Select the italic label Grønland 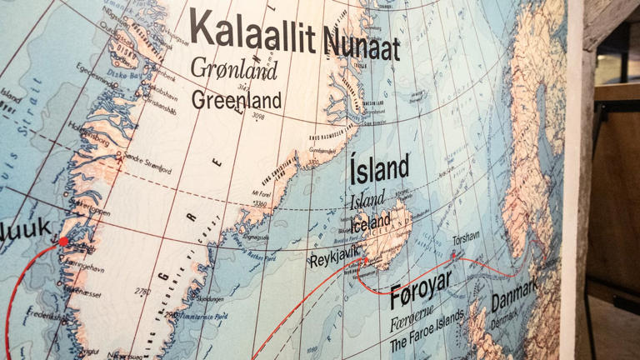point(233,69)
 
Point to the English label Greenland point(236,100)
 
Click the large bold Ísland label point(379,169)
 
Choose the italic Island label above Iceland point(367,201)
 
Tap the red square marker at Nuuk point(63,242)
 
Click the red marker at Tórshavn point(454,254)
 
